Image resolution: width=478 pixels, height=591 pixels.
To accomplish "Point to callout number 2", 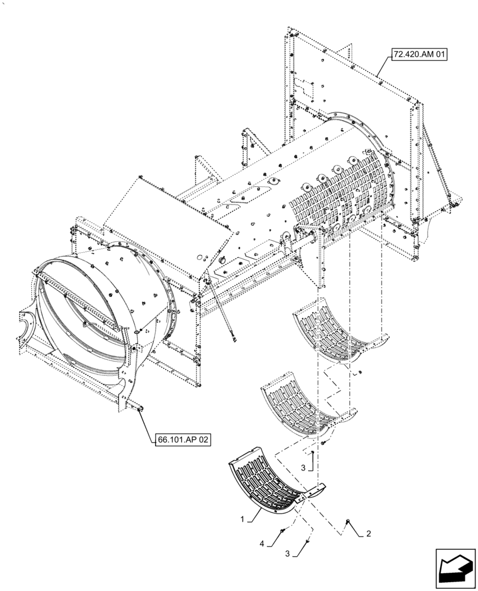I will [369, 533].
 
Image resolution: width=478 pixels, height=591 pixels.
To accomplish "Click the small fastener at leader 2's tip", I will [348, 521].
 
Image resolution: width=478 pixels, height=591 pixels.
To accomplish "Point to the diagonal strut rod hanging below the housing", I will [221, 310].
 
